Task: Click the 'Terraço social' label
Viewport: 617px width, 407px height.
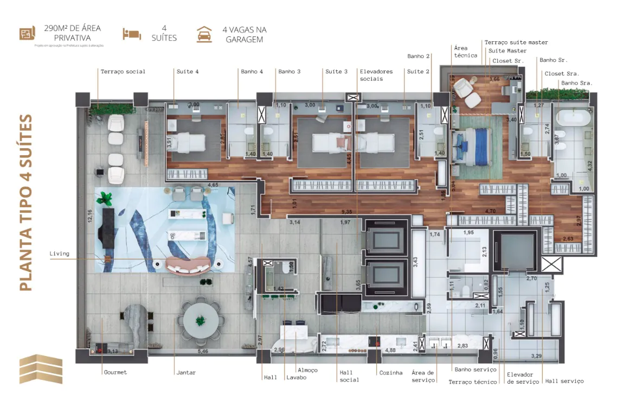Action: (x=123, y=72)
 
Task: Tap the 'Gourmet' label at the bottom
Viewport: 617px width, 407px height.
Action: (x=114, y=372)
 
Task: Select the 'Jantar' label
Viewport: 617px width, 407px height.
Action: (x=186, y=372)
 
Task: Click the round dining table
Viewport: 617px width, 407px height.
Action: (x=201, y=320)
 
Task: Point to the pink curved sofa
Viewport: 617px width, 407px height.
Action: (x=188, y=265)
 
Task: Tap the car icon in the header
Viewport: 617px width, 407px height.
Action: (x=204, y=34)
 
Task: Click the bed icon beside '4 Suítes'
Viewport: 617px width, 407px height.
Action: (x=132, y=34)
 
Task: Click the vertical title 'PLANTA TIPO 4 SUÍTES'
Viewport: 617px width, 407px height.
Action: (x=25, y=202)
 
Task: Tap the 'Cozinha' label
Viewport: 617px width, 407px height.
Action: (x=391, y=372)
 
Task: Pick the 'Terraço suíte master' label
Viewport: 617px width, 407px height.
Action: (x=516, y=42)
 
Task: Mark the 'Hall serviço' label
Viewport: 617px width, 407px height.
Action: (x=564, y=381)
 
